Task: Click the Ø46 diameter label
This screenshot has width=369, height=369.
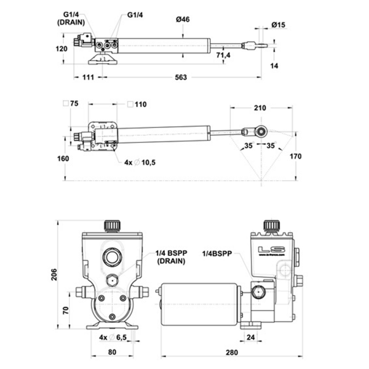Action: click(x=183, y=20)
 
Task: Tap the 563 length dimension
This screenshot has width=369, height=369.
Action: click(x=180, y=77)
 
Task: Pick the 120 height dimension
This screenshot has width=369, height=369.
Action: click(x=63, y=49)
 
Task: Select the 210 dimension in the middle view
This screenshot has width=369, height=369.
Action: click(x=259, y=108)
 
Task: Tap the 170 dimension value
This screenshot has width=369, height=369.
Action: click(x=295, y=157)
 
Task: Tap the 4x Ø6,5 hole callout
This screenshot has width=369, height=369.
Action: click(x=114, y=338)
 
